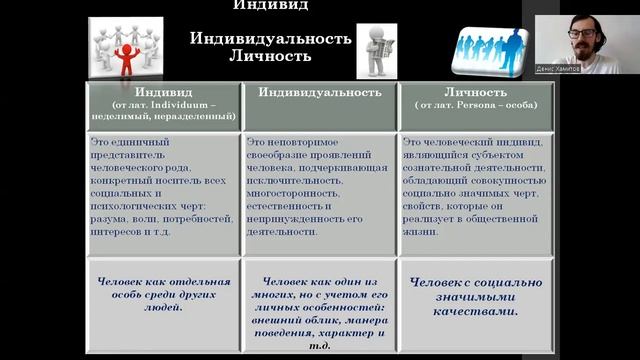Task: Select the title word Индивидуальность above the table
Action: click(271, 38)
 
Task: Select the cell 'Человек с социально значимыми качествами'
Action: click(476, 296)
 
